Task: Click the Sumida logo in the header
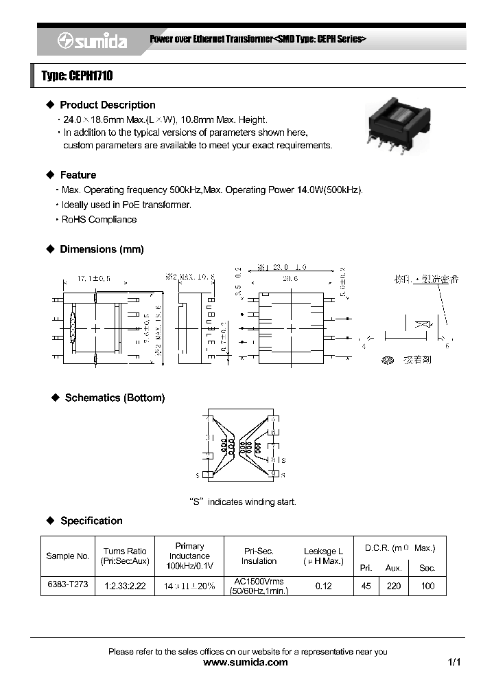click(x=92, y=41)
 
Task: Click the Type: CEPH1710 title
click(x=77, y=76)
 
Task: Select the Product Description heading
click(x=107, y=105)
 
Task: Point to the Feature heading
click(x=78, y=175)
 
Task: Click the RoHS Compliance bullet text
click(x=99, y=220)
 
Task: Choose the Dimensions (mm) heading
click(x=102, y=249)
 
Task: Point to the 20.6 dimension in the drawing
click(x=290, y=279)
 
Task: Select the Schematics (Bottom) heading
click(x=115, y=398)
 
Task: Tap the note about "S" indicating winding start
click(x=242, y=502)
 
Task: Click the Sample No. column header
click(x=67, y=556)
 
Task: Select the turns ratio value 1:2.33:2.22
click(x=124, y=586)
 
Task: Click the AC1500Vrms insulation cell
click(x=259, y=586)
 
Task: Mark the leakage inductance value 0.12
click(x=323, y=586)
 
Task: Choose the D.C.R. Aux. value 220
click(x=393, y=586)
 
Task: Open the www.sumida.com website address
click(x=246, y=663)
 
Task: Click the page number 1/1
click(x=454, y=663)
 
